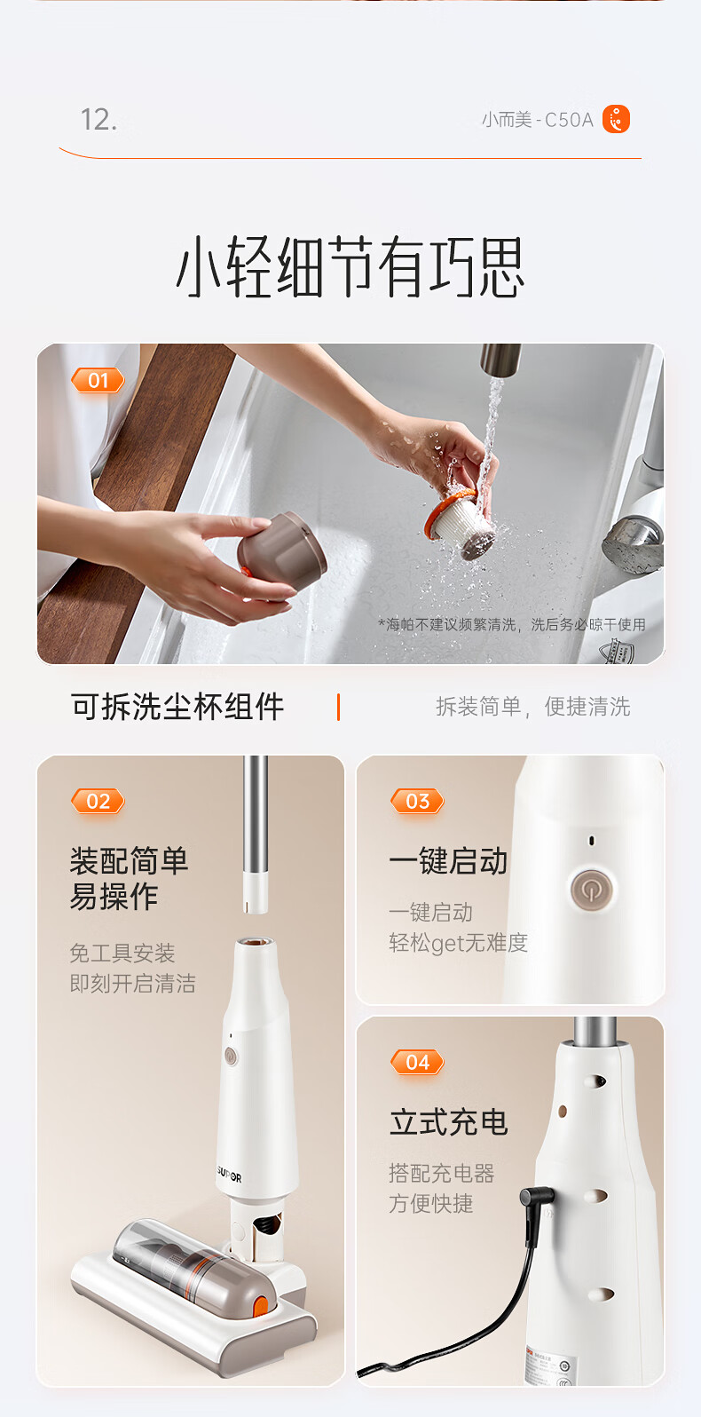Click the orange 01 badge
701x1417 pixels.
(98, 380)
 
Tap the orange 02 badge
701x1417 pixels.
(98, 801)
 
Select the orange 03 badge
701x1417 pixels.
(417, 801)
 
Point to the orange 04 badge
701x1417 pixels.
(417, 1062)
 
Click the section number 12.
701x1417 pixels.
(98, 120)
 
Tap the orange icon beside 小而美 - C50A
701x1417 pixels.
(616, 119)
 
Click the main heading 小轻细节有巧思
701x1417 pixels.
(350, 266)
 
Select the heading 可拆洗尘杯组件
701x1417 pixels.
(177, 707)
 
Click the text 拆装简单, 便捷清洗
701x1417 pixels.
(533, 707)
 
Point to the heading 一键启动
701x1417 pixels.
(448, 861)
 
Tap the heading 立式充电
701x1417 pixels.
(449, 1122)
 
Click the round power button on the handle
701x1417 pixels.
(591, 890)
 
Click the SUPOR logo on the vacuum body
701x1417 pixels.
(229, 1174)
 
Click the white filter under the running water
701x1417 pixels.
(461, 523)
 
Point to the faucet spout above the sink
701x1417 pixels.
(500, 360)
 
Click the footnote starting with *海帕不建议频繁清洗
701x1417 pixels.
(512, 625)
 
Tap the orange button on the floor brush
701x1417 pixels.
(260, 1307)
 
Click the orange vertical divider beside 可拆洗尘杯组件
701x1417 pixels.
(339, 707)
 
